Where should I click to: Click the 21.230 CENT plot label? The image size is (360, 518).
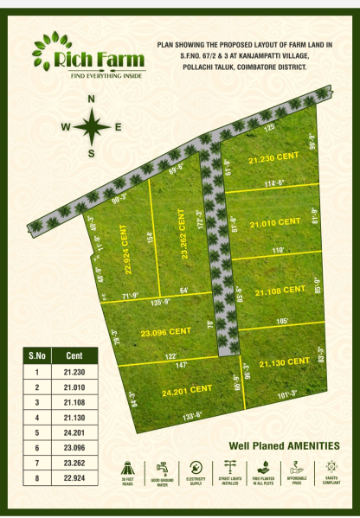pos(272,159)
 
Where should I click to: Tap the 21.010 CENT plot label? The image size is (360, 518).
pos(274,223)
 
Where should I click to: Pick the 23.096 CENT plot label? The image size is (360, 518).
pos(165,331)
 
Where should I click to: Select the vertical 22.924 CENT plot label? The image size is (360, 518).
pos(127,253)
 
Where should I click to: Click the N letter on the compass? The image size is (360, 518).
pos(91,99)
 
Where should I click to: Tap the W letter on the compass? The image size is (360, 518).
pos(65,127)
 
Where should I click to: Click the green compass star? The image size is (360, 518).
pos(91,127)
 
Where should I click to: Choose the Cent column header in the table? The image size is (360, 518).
pos(75,355)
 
